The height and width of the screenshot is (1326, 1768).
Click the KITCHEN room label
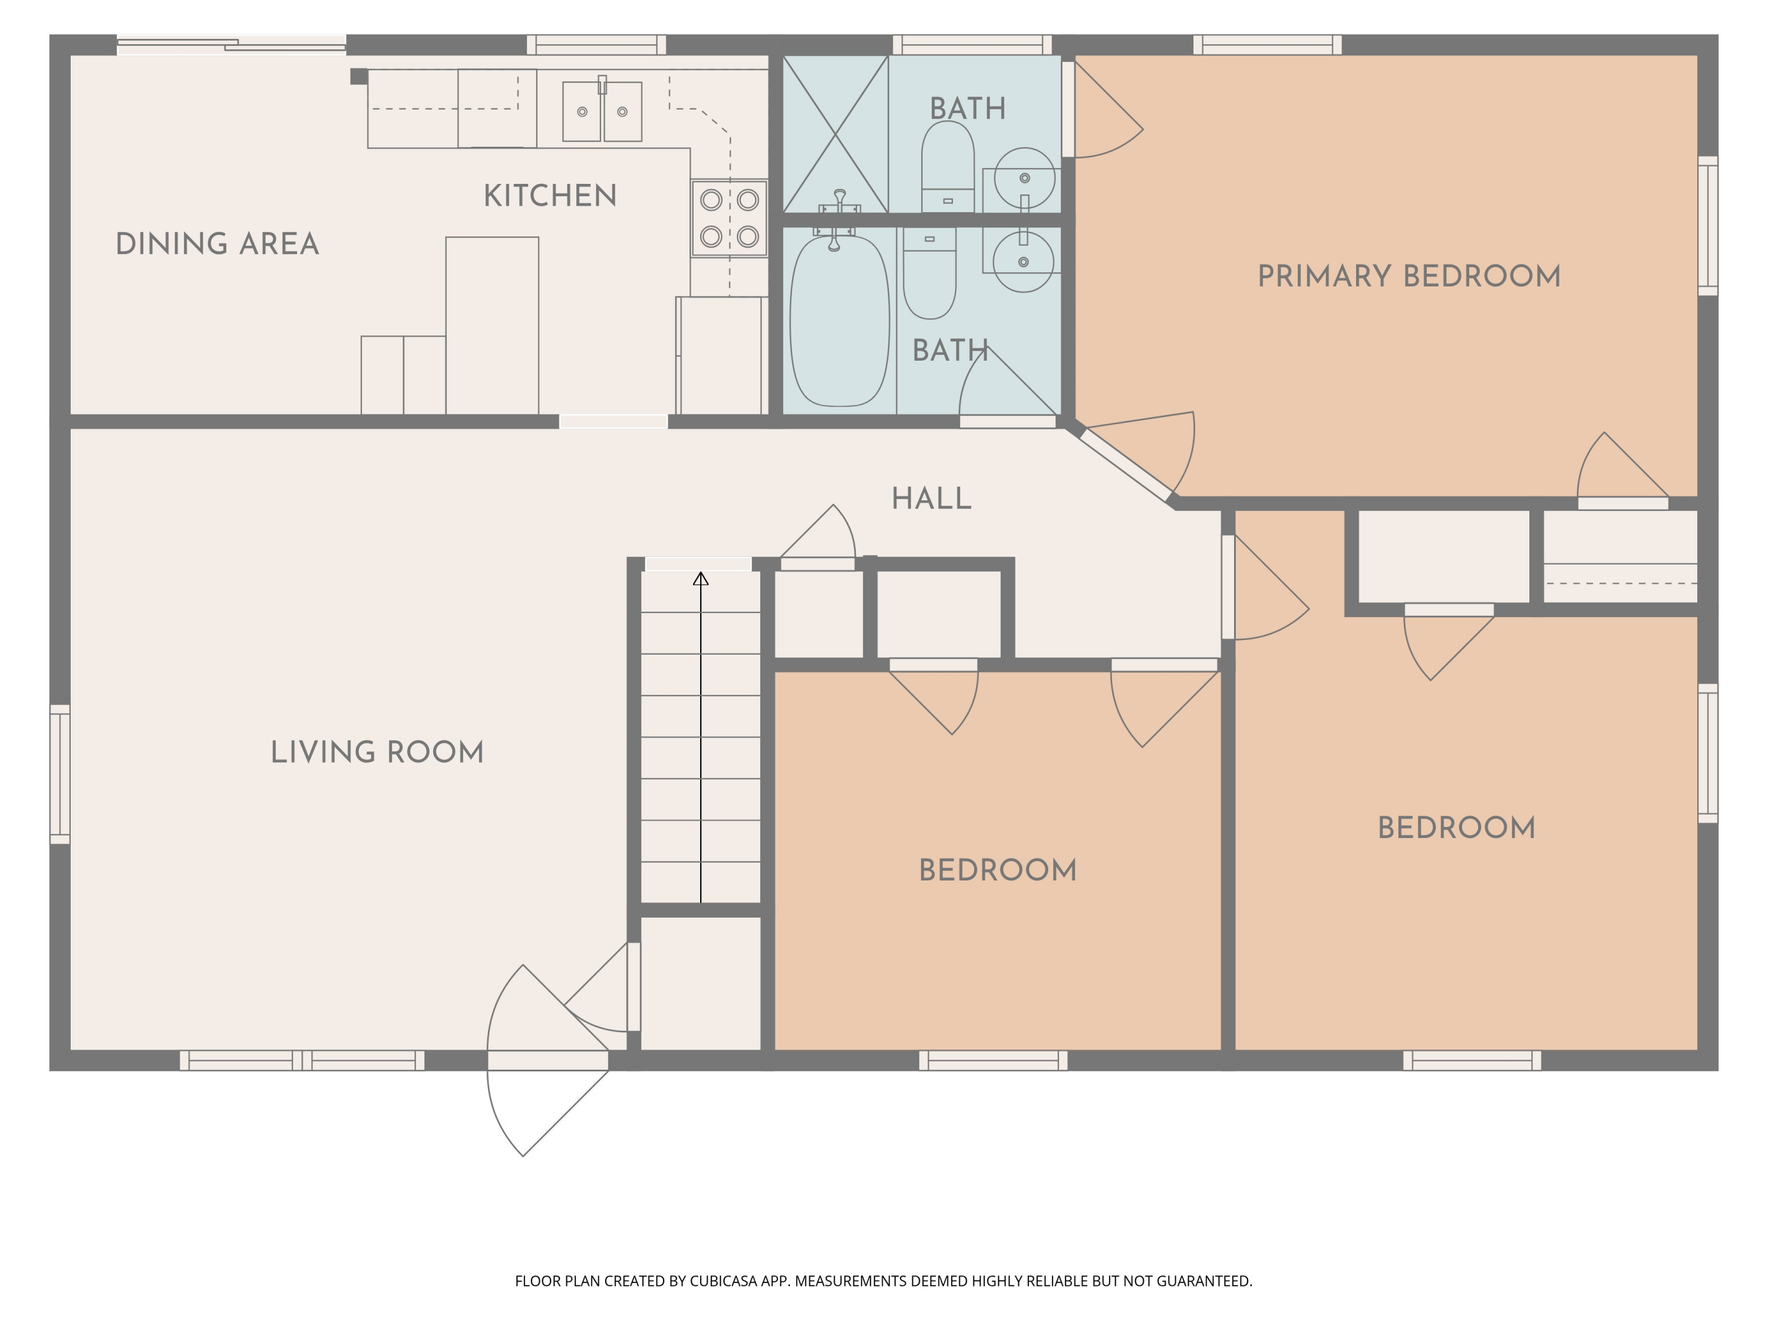pyautogui.click(x=550, y=196)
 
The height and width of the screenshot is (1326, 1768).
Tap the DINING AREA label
pyautogui.click(x=217, y=244)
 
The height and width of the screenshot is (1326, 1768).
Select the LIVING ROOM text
pyautogui.click(x=377, y=752)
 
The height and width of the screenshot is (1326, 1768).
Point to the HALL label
pyautogui.click(x=931, y=499)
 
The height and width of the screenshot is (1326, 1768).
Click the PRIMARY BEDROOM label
pyautogui.click(x=1409, y=276)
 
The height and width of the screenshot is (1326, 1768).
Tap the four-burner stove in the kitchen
pyautogui.click(x=729, y=218)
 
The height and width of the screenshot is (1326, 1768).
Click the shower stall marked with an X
pyautogui.click(x=835, y=133)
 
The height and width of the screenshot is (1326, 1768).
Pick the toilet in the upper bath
pyautogui.click(x=948, y=166)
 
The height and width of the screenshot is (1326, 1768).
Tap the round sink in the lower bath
pyautogui.click(x=1023, y=261)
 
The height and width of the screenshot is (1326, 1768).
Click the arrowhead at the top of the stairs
pyautogui.click(x=701, y=579)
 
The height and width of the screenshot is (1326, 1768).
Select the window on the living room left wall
pyautogui.click(x=60, y=774)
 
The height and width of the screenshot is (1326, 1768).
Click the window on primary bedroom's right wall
pyautogui.click(x=1707, y=226)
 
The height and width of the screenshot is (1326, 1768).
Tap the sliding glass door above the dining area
pyautogui.click(x=232, y=45)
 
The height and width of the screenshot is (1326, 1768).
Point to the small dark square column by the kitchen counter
pyautogui.click(x=359, y=77)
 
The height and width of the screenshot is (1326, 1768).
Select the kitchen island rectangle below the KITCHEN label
pyautogui.click(x=492, y=325)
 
